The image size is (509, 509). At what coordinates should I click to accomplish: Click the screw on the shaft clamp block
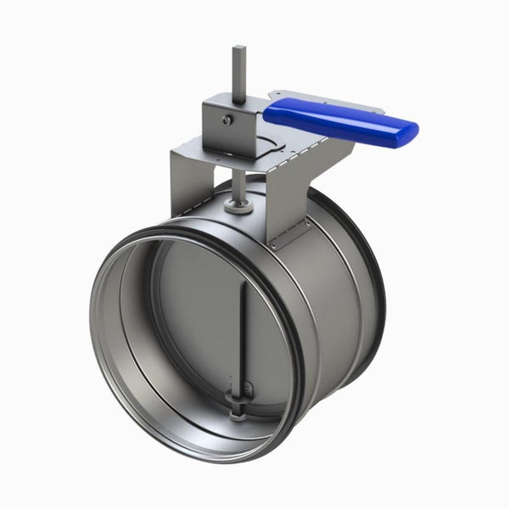coord(227,120)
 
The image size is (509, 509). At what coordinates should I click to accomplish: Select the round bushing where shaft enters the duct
coord(238,206)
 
